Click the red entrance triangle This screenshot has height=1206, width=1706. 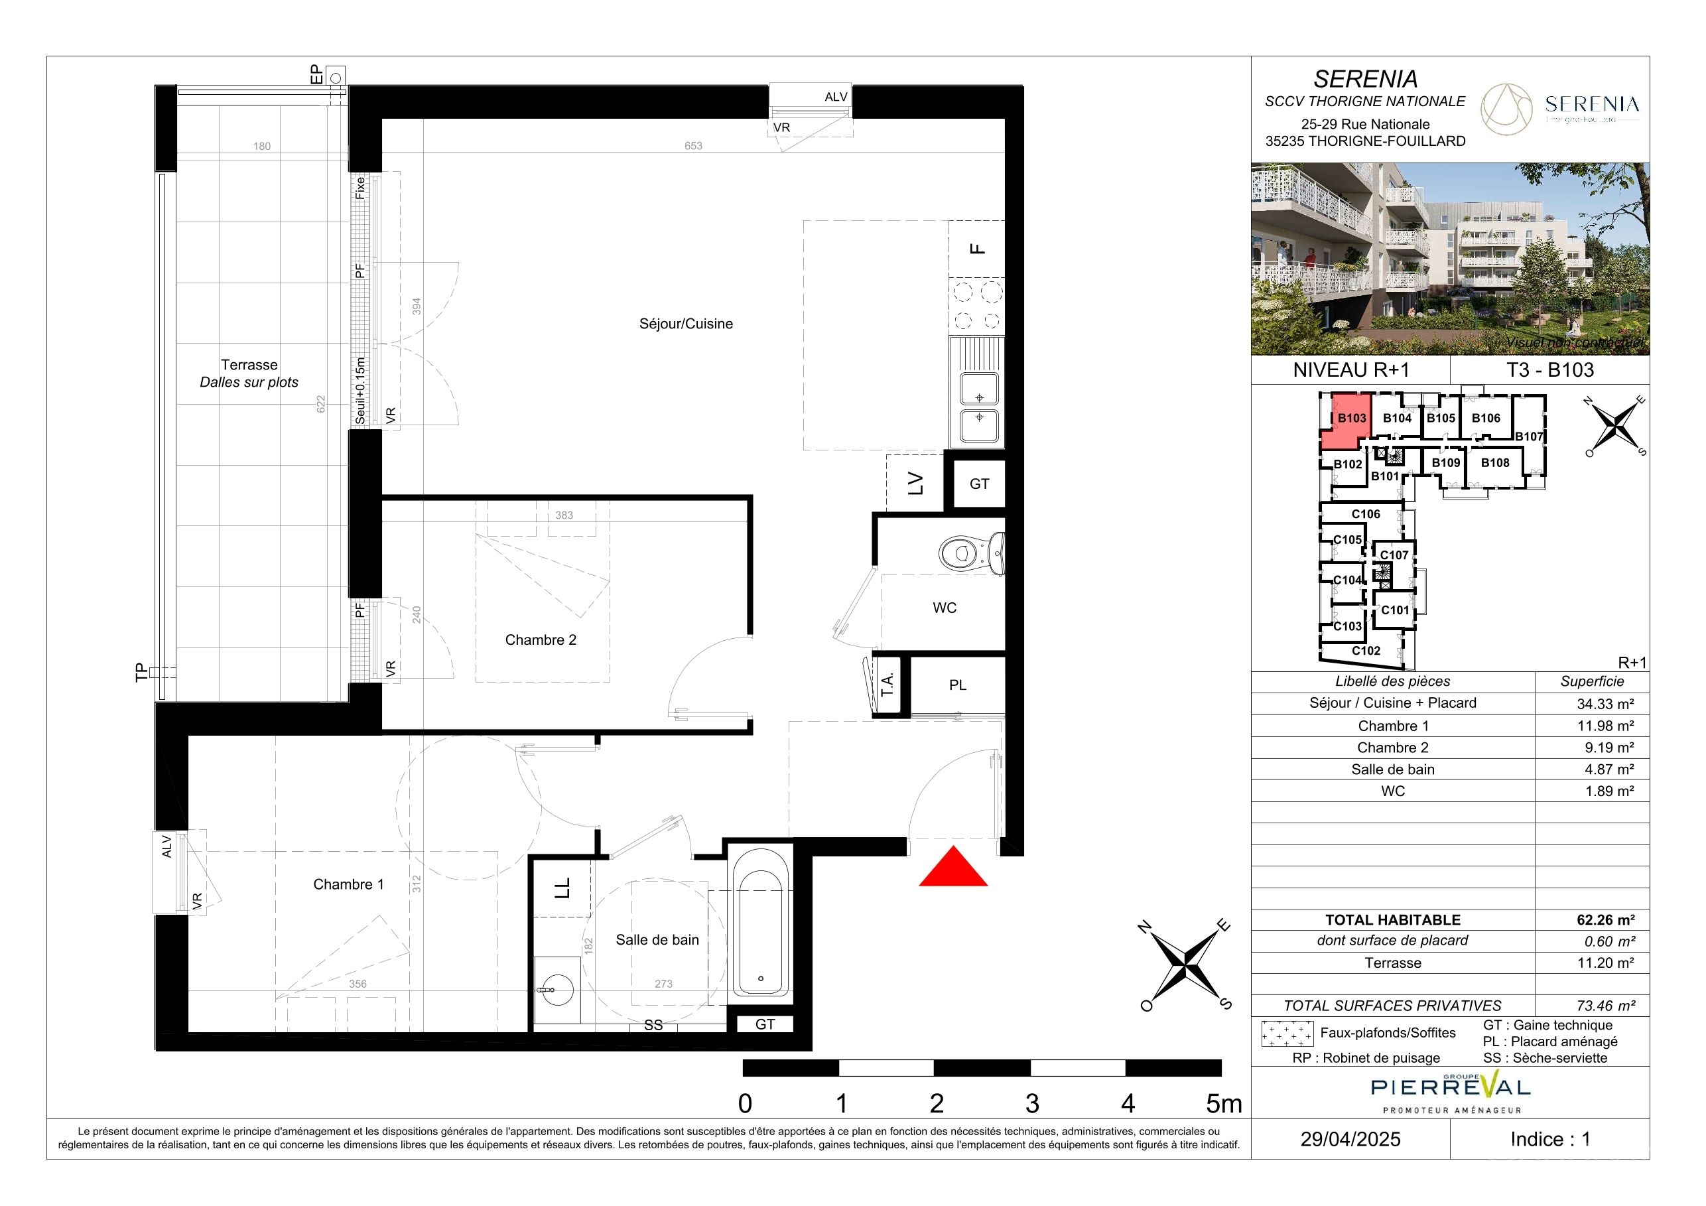click(953, 871)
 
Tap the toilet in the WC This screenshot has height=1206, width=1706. click(972, 553)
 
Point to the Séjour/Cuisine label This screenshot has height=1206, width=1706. click(686, 324)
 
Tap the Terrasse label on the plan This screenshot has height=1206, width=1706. click(249, 365)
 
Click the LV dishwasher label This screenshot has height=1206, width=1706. click(915, 483)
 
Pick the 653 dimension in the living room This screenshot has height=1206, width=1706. click(693, 146)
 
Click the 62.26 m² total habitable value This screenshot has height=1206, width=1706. click(1606, 919)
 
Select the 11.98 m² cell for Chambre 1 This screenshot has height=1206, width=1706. click(1609, 725)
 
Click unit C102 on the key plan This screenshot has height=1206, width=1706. click(1366, 650)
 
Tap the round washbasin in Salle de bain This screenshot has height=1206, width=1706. click(556, 988)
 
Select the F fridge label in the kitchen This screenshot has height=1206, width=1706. click(978, 249)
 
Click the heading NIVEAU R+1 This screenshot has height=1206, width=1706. click(1351, 370)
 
